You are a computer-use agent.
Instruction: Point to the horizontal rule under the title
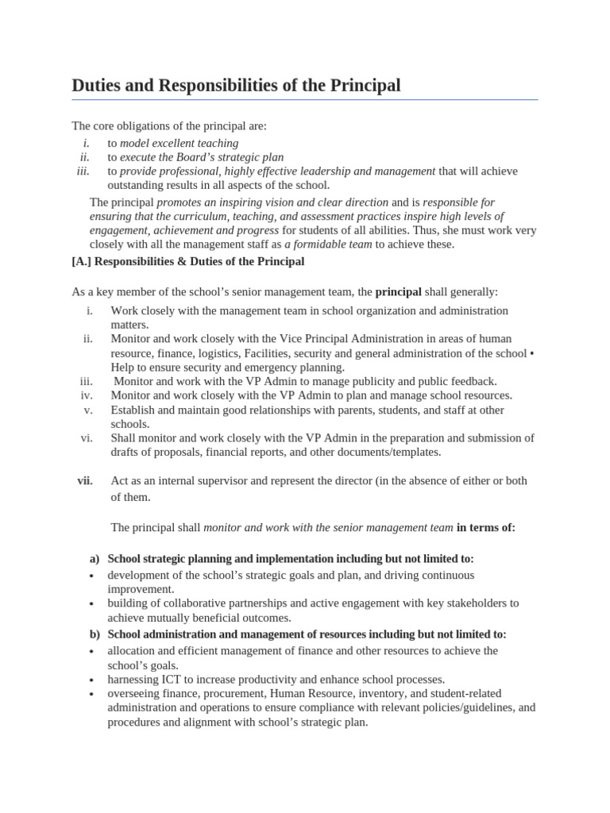tap(305, 100)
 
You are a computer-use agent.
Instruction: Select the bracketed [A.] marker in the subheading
tap(83, 261)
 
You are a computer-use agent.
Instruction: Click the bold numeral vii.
tap(85, 481)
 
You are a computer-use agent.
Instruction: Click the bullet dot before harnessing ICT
tap(92, 681)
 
